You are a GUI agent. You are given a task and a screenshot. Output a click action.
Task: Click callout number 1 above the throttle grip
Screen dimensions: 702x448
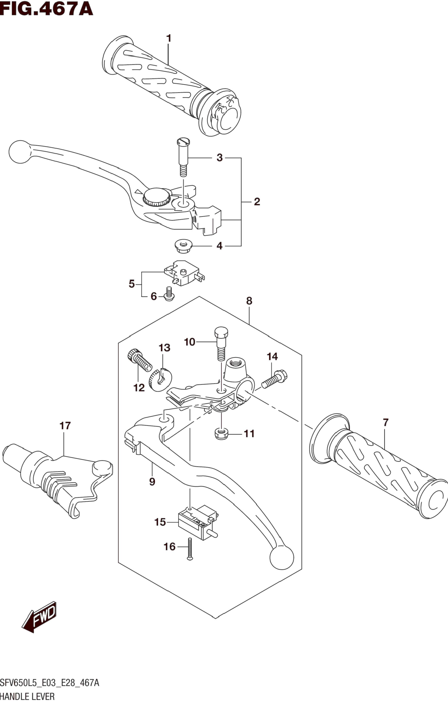[168, 38]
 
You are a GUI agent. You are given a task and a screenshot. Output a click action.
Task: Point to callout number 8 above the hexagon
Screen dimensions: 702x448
[249, 301]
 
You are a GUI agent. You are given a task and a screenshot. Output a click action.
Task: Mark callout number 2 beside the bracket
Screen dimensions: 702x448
[257, 201]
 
